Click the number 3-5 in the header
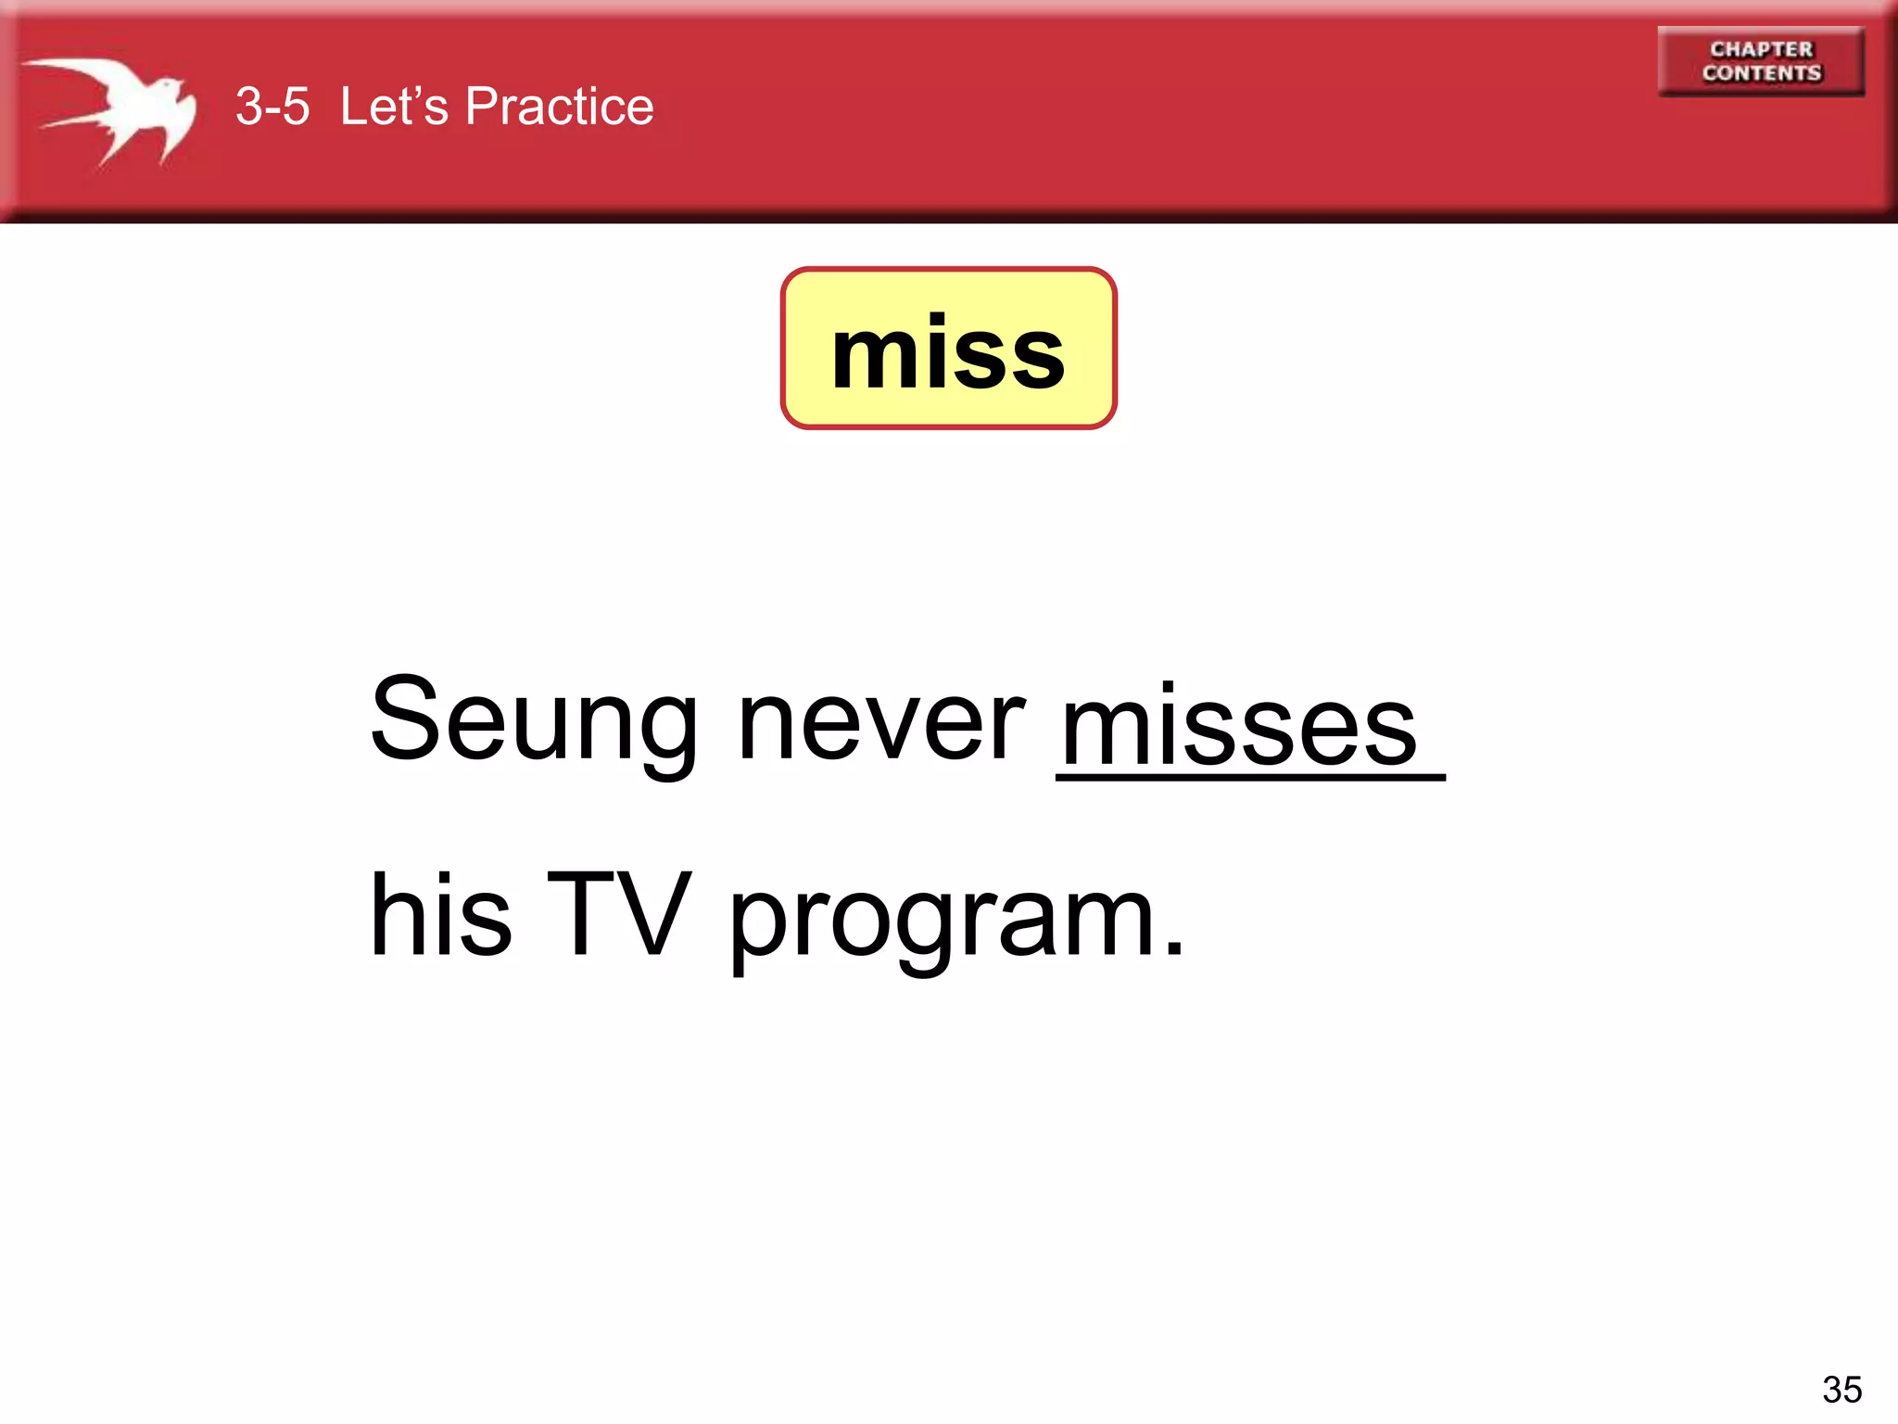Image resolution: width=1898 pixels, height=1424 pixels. (x=272, y=107)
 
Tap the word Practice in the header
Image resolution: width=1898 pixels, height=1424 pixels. (x=559, y=107)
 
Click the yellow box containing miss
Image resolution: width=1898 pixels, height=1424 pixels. (x=948, y=349)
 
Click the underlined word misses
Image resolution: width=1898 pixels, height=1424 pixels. (x=1239, y=728)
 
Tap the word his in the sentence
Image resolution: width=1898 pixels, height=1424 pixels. (x=440, y=916)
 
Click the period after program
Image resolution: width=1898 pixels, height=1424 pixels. (x=1174, y=947)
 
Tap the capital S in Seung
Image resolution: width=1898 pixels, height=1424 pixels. (x=405, y=718)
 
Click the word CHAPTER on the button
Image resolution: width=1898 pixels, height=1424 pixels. (x=1761, y=49)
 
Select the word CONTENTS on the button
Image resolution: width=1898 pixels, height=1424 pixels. (x=1761, y=73)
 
